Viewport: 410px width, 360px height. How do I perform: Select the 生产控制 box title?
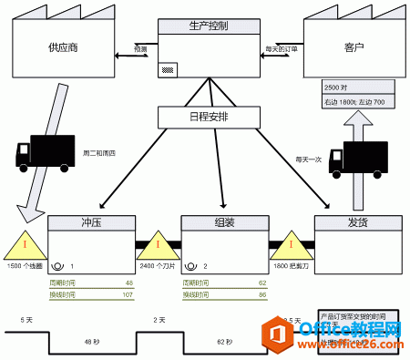pos(210,25)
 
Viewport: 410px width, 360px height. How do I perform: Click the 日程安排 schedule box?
pos(210,117)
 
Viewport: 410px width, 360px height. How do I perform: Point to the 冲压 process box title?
pos(91,223)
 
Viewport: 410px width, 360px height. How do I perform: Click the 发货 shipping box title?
pos(358,223)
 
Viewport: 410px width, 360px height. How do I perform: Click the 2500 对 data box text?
pos(335,87)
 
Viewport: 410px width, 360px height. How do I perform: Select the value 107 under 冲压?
pos(127,295)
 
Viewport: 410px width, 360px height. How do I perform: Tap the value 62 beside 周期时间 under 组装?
pos(261,283)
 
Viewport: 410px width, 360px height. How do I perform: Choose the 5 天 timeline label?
pos(26,321)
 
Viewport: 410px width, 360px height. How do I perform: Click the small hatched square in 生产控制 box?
pos(167,68)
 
